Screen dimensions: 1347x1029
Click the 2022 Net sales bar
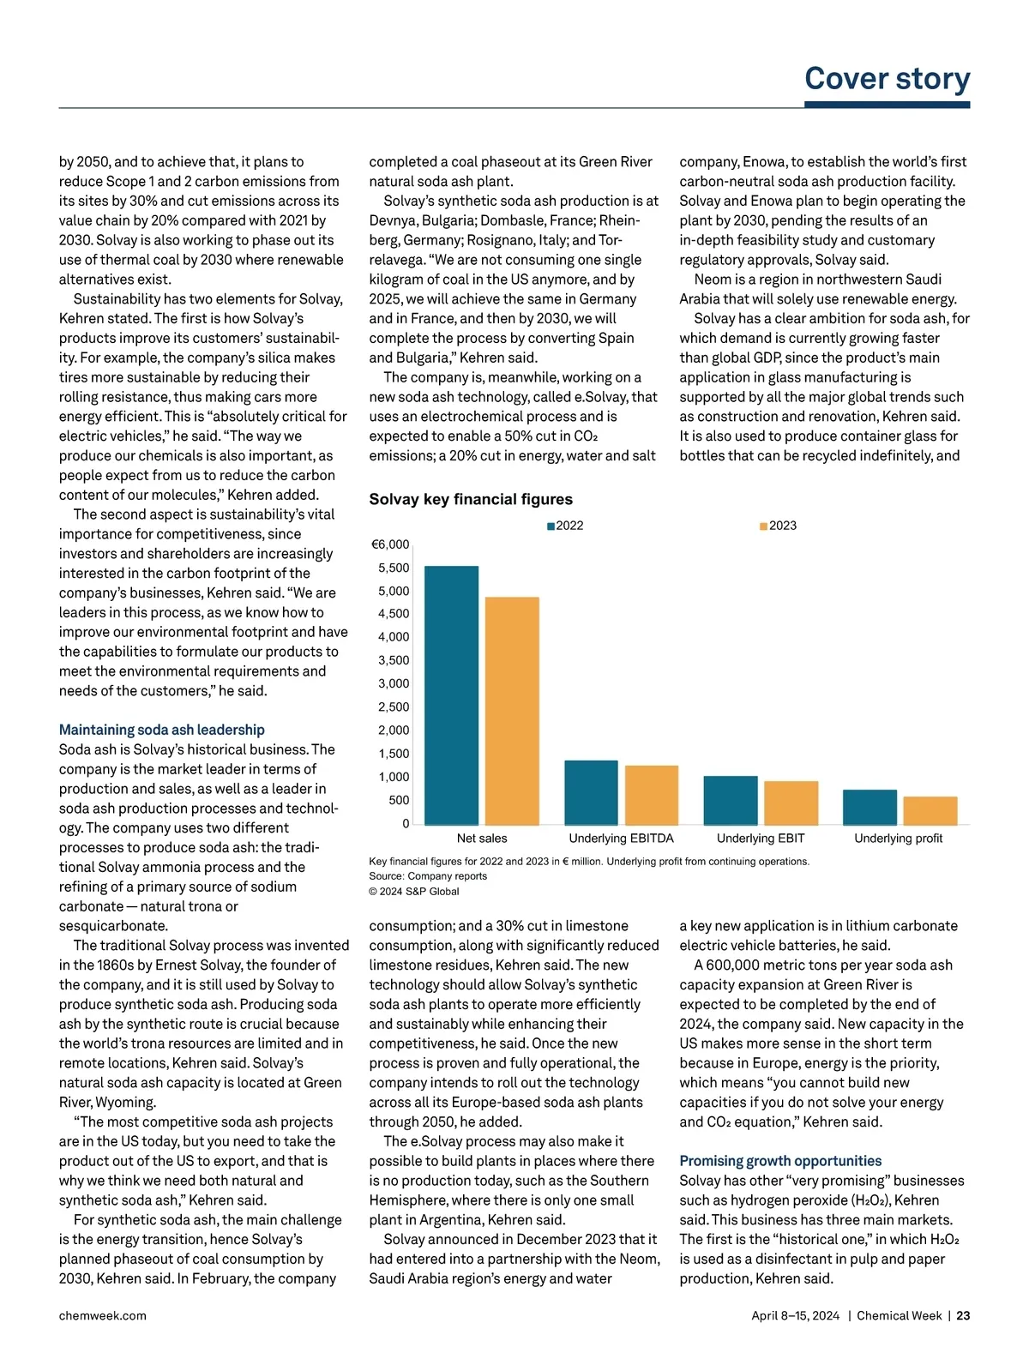451,695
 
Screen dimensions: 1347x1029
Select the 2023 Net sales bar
512,710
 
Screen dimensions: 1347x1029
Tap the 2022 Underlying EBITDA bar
591,792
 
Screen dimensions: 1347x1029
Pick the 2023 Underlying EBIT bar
791,803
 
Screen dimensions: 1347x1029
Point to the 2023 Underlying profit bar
930,810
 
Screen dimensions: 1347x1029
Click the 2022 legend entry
565,526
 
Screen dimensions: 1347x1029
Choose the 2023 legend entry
778,526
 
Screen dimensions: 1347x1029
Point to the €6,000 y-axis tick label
390,544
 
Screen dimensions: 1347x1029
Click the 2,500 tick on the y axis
394,707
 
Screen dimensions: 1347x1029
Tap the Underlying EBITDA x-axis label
621,839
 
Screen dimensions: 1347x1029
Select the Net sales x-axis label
482,839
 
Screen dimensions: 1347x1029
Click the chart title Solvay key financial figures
471,499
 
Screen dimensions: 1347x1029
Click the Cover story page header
887,78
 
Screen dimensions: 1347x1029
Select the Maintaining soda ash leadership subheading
161,730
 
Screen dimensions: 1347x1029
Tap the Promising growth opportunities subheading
780,1161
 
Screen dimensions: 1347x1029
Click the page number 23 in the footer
963,1315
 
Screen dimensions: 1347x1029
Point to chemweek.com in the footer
102,1315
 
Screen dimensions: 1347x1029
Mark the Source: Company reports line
428,876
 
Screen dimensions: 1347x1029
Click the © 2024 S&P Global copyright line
414,892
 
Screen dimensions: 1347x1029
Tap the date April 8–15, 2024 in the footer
795,1315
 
